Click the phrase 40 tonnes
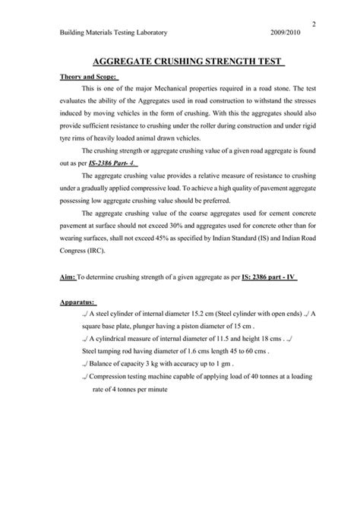[259, 387]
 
